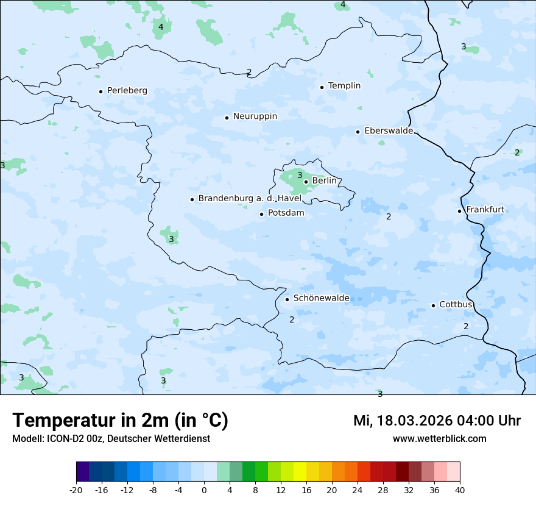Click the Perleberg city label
127,91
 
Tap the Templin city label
344,86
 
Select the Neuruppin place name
255,116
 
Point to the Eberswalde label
388,131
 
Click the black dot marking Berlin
306,182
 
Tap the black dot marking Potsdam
261,214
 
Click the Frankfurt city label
485,210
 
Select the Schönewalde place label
321,298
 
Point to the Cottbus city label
456,304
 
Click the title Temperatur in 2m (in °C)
120,421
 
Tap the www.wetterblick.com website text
439,438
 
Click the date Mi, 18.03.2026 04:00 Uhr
437,421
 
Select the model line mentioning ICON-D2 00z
111,438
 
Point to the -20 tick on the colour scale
76,490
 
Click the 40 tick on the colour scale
460,490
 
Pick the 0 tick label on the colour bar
204,490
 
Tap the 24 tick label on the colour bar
358,490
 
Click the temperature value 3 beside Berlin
300,176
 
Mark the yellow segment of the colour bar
300,472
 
